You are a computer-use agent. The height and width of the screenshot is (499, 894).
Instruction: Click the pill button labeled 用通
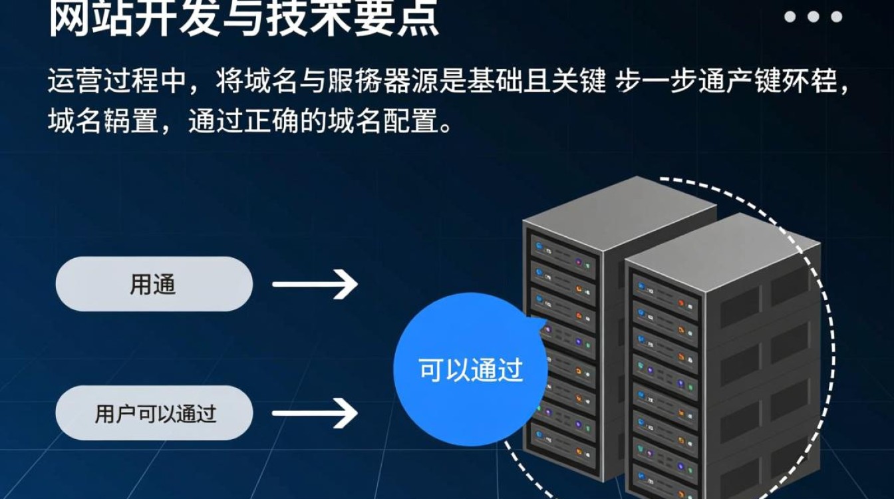pos(154,284)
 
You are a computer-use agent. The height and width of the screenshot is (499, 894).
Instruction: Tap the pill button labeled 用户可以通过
pos(154,413)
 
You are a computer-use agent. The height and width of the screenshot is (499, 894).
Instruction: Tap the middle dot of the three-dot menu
pos(813,17)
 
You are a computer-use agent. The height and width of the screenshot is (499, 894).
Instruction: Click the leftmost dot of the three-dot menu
pos(790,17)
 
